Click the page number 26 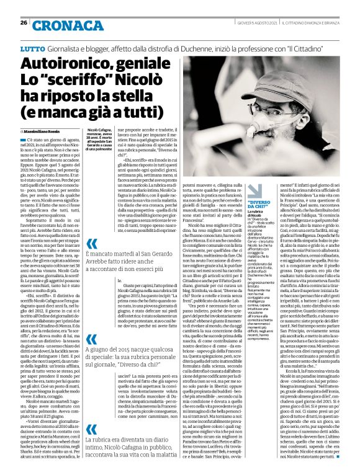[23, 23]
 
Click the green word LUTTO [32, 47]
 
